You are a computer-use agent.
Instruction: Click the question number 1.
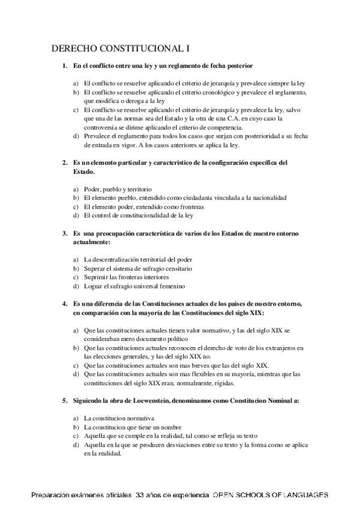66,64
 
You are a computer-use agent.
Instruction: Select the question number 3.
66,233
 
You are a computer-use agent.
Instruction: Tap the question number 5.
66,400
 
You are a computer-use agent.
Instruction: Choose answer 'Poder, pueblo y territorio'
118,188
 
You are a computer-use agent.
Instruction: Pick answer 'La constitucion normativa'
120,417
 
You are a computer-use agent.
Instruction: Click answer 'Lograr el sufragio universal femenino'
134,286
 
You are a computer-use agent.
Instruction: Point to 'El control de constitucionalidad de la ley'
142,215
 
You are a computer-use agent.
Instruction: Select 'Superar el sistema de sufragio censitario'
138,268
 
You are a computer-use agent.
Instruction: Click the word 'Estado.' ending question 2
84,171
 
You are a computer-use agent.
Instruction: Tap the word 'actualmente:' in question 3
92,242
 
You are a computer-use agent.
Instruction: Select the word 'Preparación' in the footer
52,495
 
